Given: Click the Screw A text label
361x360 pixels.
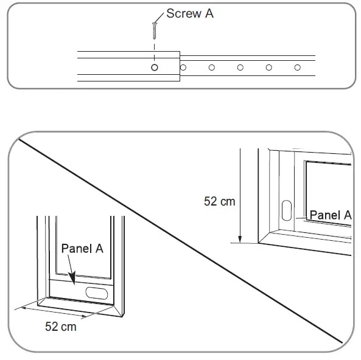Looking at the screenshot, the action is click(190, 13).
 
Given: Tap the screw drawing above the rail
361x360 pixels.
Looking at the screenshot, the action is click(154, 30).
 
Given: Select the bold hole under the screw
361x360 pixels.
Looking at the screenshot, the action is click(155, 67).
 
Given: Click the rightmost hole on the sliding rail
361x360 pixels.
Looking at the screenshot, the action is click(298, 67).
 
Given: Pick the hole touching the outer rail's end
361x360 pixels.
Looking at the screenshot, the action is click(183, 67).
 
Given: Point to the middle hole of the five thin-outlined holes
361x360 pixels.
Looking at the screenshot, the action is click(240, 67).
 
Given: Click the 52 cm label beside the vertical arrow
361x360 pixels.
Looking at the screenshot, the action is click(219, 201).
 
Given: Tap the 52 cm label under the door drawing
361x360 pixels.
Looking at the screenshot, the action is click(60, 327).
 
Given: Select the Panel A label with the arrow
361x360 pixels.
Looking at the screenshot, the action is click(82, 249).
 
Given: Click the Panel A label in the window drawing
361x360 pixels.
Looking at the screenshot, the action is click(331, 215).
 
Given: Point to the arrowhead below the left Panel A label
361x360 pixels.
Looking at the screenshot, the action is click(72, 278).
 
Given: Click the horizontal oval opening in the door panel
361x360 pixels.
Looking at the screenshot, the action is click(96, 293).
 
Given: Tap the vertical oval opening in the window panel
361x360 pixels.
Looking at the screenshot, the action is click(287, 210).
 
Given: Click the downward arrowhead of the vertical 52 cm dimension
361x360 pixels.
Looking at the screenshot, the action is click(240, 239).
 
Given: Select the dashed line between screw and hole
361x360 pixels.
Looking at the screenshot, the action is click(154, 52).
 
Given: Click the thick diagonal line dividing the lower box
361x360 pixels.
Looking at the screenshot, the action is click(180, 241).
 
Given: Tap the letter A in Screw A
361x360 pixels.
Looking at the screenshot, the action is click(209, 13).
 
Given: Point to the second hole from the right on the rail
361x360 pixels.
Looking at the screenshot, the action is click(268, 67).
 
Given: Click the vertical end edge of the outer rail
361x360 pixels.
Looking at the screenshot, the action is click(180, 66).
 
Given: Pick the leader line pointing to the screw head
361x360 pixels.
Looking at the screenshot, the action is click(159, 18).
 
